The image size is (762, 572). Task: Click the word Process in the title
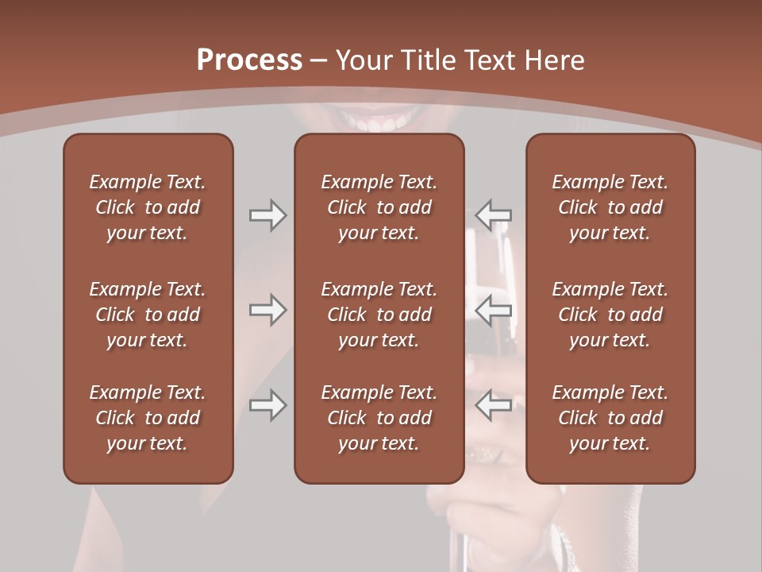(x=249, y=60)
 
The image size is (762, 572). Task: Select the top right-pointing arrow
(x=268, y=215)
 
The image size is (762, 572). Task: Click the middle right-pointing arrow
(x=268, y=309)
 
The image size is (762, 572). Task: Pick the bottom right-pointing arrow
(x=268, y=405)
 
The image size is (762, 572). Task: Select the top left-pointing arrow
(x=494, y=215)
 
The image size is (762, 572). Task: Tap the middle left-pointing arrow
(x=494, y=309)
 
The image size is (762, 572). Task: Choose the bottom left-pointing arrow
(x=494, y=405)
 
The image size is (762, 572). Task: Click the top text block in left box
(x=148, y=207)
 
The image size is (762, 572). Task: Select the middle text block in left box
(x=148, y=315)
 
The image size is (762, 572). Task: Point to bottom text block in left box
(x=148, y=418)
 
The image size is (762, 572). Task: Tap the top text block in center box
(x=379, y=207)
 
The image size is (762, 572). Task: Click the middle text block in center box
(x=379, y=315)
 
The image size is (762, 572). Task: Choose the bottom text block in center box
(x=379, y=418)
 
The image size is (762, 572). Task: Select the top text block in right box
(x=610, y=207)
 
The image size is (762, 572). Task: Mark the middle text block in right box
(x=610, y=315)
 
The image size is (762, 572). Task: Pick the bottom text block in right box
(x=610, y=418)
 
